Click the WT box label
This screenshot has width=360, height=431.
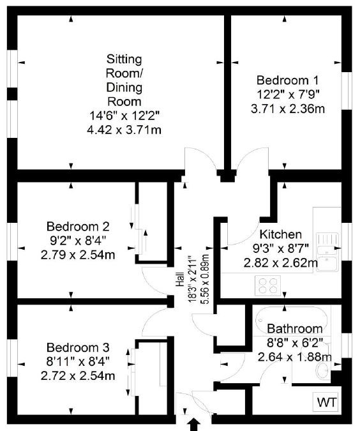point(327,403)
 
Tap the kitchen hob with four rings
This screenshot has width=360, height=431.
point(267,285)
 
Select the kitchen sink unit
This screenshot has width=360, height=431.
point(327,252)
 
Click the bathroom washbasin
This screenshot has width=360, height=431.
point(323,370)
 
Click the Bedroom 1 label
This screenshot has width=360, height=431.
point(287,80)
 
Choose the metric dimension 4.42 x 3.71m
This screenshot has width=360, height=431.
point(124,130)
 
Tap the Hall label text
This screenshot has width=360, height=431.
point(180,279)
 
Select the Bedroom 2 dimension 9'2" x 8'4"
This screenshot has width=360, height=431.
point(78,241)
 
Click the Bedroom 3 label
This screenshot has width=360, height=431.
point(78,347)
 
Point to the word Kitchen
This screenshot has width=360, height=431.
point(281,234)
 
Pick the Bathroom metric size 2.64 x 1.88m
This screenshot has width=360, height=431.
point(295,357)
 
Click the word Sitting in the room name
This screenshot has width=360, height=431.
point(124,59)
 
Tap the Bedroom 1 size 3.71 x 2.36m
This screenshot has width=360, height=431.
point(288,109)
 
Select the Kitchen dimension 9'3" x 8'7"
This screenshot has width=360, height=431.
point(281,249)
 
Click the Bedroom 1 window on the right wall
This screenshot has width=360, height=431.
point(347,91)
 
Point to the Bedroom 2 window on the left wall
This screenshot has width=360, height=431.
point(12,241)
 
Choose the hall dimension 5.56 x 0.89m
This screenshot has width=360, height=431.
point(206,279)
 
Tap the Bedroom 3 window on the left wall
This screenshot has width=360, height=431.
point(12,358)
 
